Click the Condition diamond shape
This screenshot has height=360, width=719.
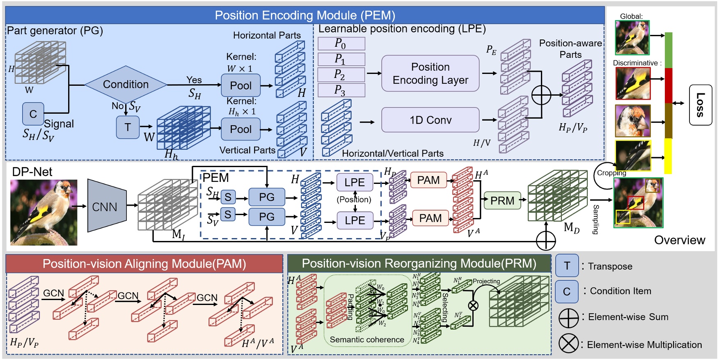pyautogui.click(x=126, y=84)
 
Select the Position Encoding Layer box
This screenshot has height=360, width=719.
pyautogui.click(x=430, y=73)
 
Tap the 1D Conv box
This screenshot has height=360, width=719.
pyautogui.click(x=430, y=120)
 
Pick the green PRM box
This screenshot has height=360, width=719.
pyautogui.click(x=502, y=201)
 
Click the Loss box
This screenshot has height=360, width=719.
pyautogui.click(x=700, y=105)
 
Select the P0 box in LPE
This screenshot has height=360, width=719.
pyautogui.click(x=341, y=44)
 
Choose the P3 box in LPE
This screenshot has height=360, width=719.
pyautogui.click(x=341, y=90)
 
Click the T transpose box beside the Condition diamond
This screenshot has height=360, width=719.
pyautogui.click(x=128, y=127)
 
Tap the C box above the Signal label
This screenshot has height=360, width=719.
pyautogui.click(x=33, y=114)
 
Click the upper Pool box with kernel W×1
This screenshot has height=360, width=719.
pyautogui.click(x=240, y=85)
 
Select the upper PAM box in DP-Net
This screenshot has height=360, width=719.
pyautogui.click(x=428, y=180)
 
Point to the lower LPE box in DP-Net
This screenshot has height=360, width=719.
pyautogui.click(x=355, y=220)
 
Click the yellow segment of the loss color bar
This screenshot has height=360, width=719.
pyautogui.click(x=668, y=156)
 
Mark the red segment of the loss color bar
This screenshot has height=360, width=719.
pyautogui.click(x=668, y=85)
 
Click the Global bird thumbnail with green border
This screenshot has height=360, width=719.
pyautogui.click(x=632, y=37)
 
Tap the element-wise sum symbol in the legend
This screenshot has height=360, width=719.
pyautogui.click(x=569, y=318)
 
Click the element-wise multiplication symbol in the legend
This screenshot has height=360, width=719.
pyautogui.click(x=568, y=344)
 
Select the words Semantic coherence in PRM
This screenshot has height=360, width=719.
pyautogui.click(x=367, y=339)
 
